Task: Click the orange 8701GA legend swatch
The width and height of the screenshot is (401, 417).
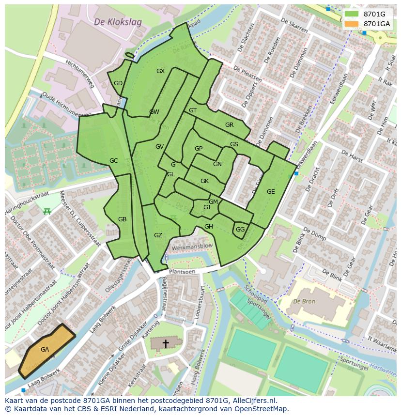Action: [x=352, y=24]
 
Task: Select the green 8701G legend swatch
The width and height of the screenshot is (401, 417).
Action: [x=352, y=14]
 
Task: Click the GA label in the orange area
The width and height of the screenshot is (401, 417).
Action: [x=45, y=350]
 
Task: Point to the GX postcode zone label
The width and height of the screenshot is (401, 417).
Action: [x=160, y=71]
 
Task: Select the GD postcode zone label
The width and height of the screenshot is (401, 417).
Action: [x=118, y=83]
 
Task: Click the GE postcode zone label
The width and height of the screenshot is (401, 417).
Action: [x=271, y=192]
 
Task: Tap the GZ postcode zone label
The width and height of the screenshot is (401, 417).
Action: [x=158, y=235]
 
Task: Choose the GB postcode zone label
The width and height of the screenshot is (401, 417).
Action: [x=122, y=219]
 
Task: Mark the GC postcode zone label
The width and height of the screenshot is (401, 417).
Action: [x=113, y=161]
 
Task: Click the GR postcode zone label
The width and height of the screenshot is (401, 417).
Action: [x=229, y=125]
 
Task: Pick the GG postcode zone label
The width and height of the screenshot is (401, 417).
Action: [x=240, y=230]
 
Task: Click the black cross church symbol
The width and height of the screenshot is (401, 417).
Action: [x=166, y=344]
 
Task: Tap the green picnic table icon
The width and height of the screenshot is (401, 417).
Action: [x=47, y=211]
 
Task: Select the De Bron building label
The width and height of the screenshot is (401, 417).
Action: [x=304, y=301]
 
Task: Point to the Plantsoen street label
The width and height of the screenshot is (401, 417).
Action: [x=182, y=272]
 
